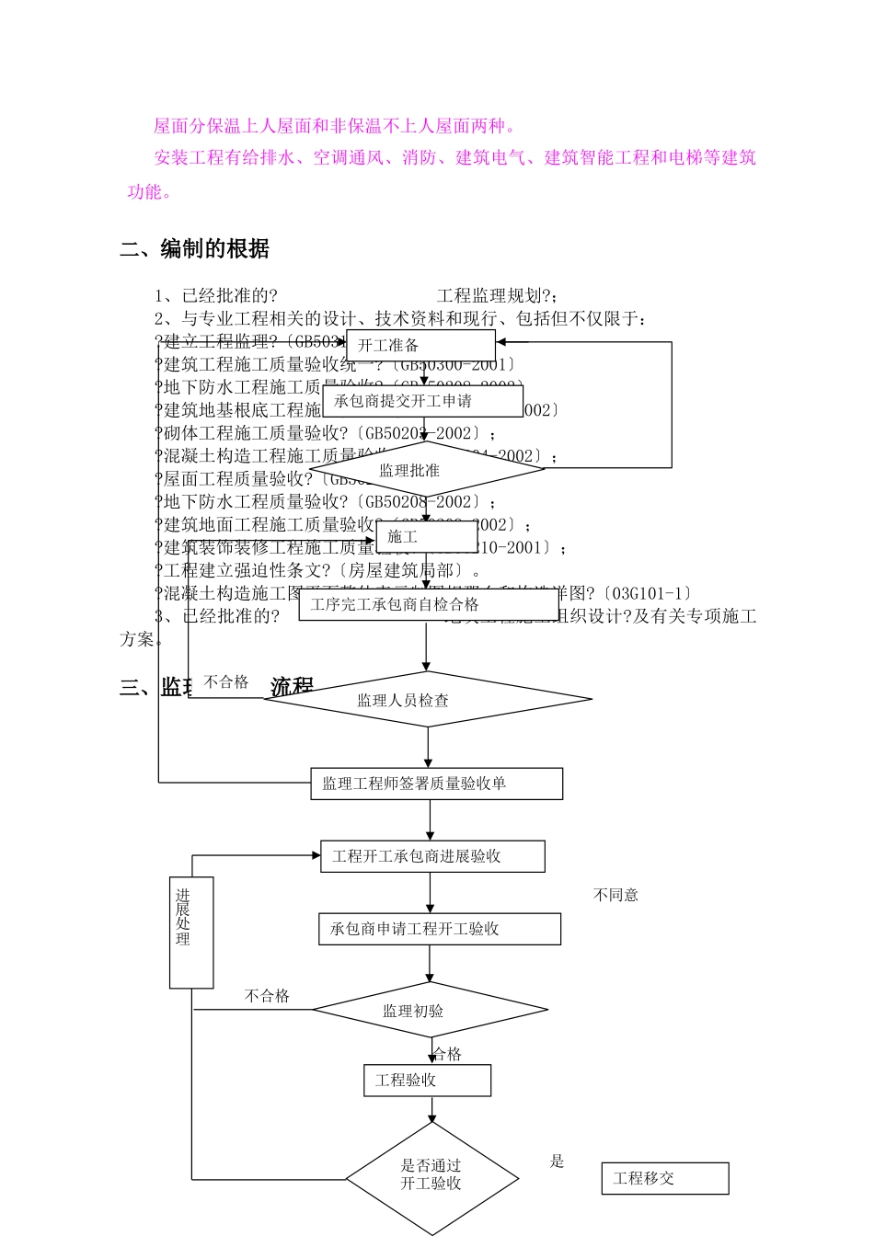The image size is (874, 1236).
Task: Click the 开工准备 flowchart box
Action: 420,346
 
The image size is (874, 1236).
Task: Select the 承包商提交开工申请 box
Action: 422,401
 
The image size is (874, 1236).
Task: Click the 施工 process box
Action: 427,536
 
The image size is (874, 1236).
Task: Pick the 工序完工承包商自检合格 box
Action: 428,604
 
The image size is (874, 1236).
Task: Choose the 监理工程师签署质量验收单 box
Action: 436,784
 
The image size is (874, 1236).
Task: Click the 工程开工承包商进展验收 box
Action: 432,856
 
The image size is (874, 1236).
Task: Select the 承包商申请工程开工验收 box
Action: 439,929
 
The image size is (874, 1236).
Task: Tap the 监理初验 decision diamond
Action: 431,1011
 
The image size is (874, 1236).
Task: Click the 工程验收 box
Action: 427,1081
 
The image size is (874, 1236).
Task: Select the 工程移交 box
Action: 664,1178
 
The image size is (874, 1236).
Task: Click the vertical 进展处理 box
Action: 191,933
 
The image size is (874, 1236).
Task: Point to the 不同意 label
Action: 615,895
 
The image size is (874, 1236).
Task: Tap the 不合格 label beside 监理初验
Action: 267,996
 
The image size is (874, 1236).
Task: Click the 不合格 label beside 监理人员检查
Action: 226,681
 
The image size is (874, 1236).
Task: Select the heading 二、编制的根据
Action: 195,249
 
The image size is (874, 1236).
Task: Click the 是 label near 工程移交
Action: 557,1161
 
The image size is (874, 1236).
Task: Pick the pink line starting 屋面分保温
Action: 336,126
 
